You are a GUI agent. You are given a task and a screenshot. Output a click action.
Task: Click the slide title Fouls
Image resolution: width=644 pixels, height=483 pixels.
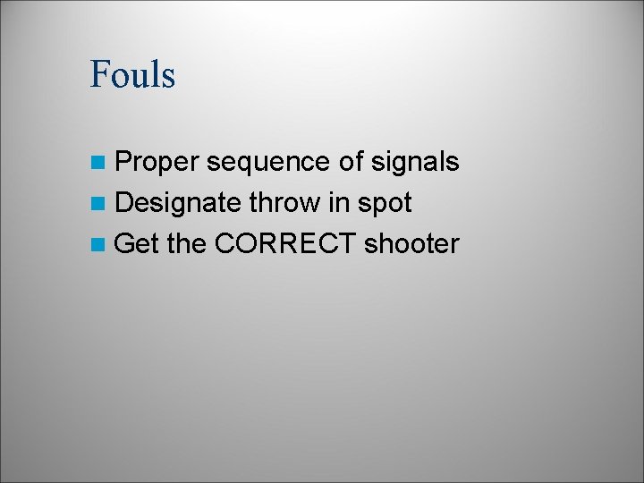click(x=132, y=74)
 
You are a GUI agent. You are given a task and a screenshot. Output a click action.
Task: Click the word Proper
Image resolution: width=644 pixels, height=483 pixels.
click(x=157, y=162)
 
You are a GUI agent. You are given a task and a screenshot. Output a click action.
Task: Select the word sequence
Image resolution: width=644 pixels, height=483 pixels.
click(x=269, y=162)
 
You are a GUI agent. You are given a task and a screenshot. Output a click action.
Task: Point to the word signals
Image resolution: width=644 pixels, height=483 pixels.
click(x=415, y=162)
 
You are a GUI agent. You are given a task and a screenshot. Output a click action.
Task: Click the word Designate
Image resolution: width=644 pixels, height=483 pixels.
click(x=178, y=203)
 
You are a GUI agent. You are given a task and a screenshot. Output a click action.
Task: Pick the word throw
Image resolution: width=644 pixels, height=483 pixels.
click(x=284, y=203)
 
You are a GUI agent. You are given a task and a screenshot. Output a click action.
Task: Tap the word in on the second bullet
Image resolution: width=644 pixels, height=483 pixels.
click(x=338, y=203)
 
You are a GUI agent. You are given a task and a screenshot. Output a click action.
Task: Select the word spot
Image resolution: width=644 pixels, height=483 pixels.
click(x=384, y=204)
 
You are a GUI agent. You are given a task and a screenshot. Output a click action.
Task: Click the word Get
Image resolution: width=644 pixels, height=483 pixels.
click(x=137, y=243)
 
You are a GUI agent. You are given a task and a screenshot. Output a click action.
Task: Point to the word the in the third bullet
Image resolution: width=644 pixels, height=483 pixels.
click(x=186, y=243)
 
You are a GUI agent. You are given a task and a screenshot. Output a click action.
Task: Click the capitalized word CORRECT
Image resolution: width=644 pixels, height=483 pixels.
click(x=285, y=243)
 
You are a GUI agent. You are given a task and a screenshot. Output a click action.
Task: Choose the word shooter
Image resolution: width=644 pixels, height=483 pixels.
click(x=411, y=243)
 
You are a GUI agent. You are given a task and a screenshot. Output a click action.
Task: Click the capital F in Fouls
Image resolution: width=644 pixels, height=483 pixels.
click(x=97, y=74)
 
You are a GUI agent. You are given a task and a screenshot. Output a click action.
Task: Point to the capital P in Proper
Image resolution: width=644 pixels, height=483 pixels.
click(x=123, y=162)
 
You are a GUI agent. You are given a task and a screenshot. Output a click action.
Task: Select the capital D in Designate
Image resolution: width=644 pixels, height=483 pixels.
click(x=124, y=203)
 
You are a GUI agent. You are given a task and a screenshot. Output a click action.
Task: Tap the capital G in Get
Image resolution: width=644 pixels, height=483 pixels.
click(x=125, y=243)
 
